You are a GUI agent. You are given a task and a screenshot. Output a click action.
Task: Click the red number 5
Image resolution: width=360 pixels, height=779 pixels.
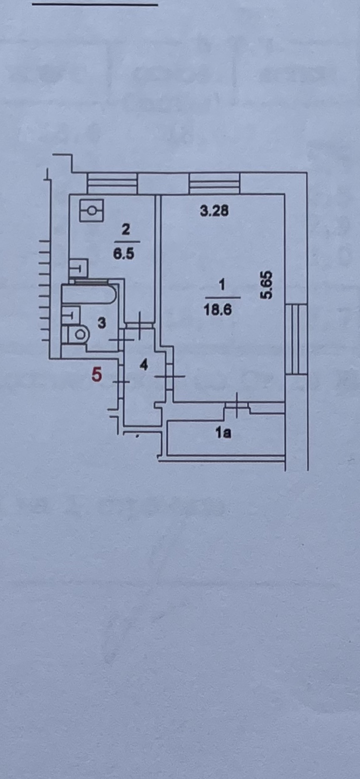(97, 374)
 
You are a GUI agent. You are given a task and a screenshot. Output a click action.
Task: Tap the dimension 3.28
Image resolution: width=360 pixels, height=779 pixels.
(214, 210)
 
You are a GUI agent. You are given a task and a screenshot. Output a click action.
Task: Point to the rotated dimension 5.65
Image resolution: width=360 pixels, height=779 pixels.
(267, 285)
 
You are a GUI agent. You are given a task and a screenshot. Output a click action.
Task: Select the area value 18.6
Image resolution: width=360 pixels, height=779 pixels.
(217, 310)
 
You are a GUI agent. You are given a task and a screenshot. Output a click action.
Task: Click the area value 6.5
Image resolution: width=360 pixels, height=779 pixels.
(124, 254)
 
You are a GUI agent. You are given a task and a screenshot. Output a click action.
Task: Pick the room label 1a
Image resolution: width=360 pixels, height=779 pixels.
(223, 432)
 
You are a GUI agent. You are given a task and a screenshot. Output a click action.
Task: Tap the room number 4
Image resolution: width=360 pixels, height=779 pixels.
(144, 364)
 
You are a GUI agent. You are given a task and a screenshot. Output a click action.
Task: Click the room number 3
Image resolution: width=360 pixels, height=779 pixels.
(102, 323)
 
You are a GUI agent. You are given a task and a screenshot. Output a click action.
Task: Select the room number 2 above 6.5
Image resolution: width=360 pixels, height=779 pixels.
(126, 230)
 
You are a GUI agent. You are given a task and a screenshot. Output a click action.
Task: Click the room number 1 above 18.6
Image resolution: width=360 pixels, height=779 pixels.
(222, 285)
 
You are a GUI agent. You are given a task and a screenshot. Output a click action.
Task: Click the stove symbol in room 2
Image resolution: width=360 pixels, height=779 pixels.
(91, 210)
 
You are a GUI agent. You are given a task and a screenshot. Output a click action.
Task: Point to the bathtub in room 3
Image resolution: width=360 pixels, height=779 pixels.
(89, 295)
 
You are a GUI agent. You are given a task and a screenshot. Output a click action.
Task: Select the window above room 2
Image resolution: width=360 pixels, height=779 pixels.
(112, 184)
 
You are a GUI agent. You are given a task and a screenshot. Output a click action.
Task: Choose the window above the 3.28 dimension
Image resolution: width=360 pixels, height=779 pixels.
(215, 184)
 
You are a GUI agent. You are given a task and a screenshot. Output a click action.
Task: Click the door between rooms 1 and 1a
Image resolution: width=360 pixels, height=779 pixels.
(236, 405)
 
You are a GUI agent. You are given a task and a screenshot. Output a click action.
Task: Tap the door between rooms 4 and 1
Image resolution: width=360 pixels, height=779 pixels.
(170, 376)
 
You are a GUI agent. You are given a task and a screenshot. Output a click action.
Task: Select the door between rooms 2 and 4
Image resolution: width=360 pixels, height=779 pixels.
(140, 326)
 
